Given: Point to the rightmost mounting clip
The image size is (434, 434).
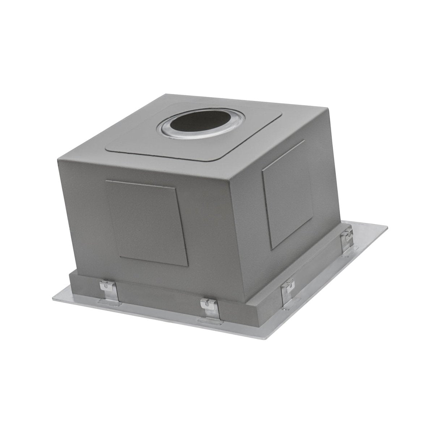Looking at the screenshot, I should pyautogui.click(x=348, y=239).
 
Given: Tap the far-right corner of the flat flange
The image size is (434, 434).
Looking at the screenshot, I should pyautogui.click(x=388, y=226).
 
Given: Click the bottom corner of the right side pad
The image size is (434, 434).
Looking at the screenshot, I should pyautogui.click(x=271, y=249).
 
